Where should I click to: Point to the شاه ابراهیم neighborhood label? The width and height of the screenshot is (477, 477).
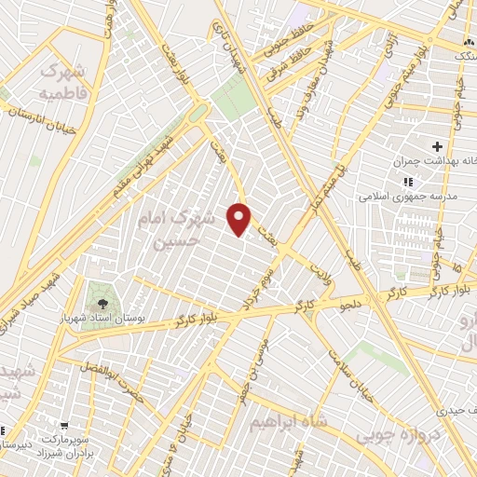(288, 422)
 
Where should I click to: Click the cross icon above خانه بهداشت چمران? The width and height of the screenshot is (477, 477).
(436, 146)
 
